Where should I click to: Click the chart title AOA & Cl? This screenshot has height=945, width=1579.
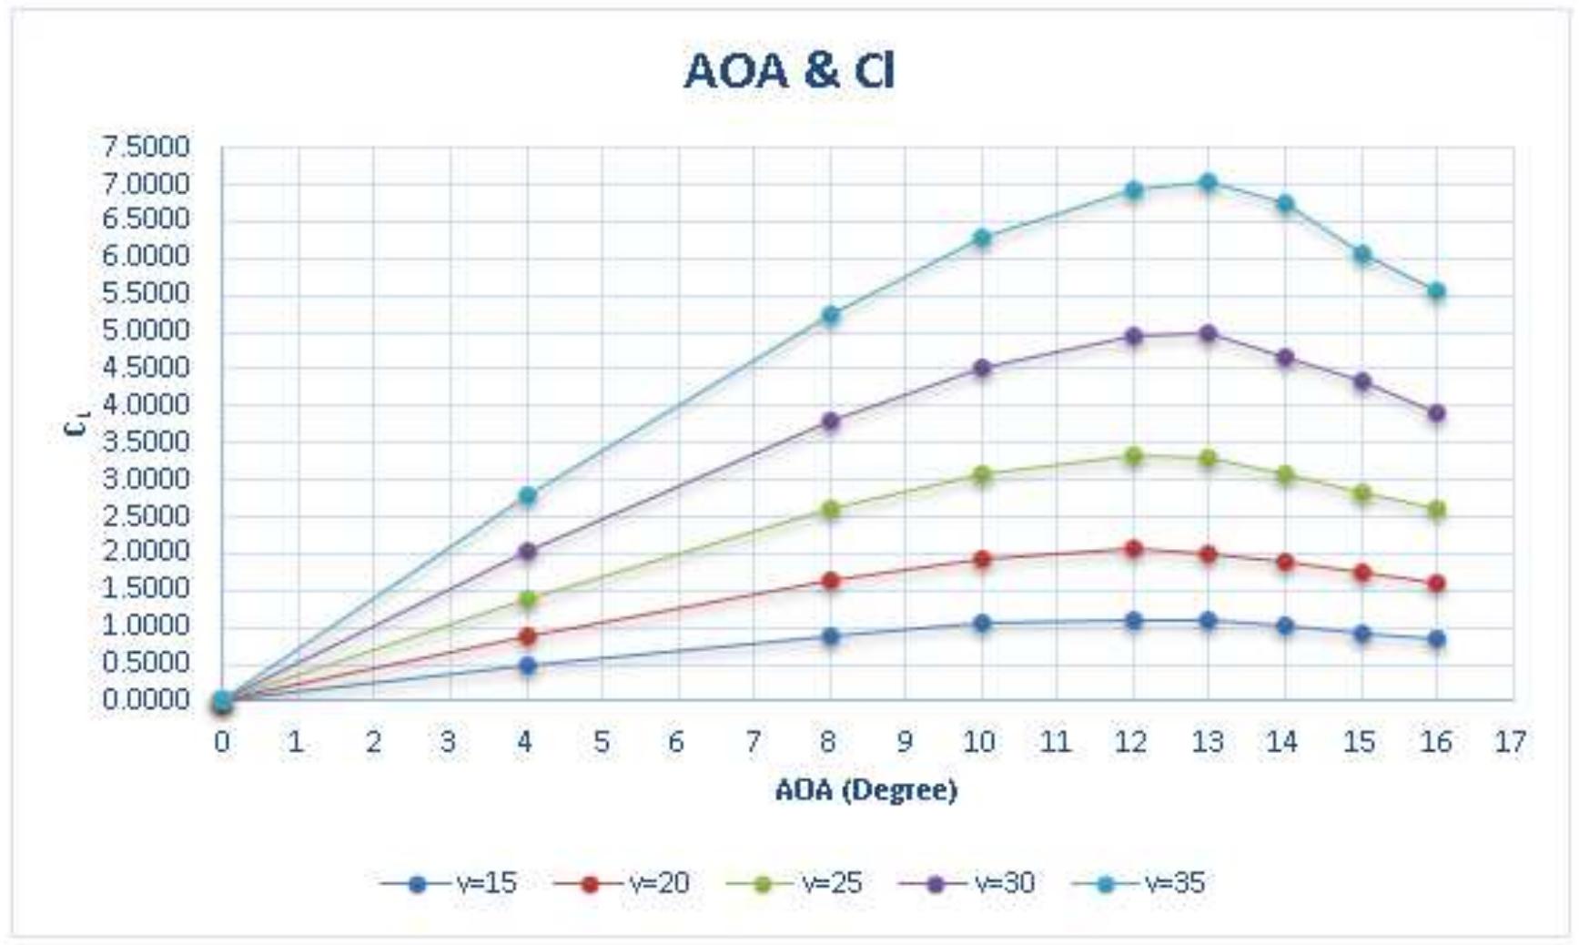pyautogui.click(x=789, y=71)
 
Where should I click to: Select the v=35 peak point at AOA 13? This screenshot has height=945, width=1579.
pyautogui.click(x=1208, y=182)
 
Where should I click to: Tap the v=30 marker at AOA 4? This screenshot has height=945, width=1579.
pyautogui.click(x=527, y=551)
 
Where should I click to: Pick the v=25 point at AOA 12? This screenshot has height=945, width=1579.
pyautogui.click(x=1133, y=456)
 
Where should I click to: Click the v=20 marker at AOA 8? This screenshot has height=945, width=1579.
pyautogui.click(x=830, y=580)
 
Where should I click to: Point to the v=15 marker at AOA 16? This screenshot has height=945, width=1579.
pyautogui.click(x=1436, y=639)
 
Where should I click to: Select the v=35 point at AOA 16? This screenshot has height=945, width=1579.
pyautogui.click(x=1436, y=291)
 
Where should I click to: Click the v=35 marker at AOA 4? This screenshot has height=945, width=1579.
pyautogui.click(x=527, y=495)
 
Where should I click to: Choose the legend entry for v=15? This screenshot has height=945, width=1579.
pyautogui.click(x=450, y=883)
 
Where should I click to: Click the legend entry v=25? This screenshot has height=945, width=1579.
pyautogui.click(x=795, y=883)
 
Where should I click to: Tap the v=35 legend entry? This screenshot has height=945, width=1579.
pyautogui.click(x=1139, y=883)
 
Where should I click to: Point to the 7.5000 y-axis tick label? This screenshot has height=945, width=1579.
pyautogui.click(x=146, y=147)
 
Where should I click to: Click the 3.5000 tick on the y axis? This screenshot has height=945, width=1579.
pyautogui.click(x=146, y=442)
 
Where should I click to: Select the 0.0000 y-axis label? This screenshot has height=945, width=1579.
pyautogui.click(x=146, y=699)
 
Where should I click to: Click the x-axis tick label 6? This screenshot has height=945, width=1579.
pyautogui.click(x=676, y=743)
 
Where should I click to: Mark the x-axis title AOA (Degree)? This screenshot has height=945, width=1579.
pyautogui.click(x=865, y=789)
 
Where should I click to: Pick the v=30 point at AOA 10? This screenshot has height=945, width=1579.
pyautogui.click(x=981, y=368)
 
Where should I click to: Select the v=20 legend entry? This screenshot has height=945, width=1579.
pyautogui.click(x=622, y=883)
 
